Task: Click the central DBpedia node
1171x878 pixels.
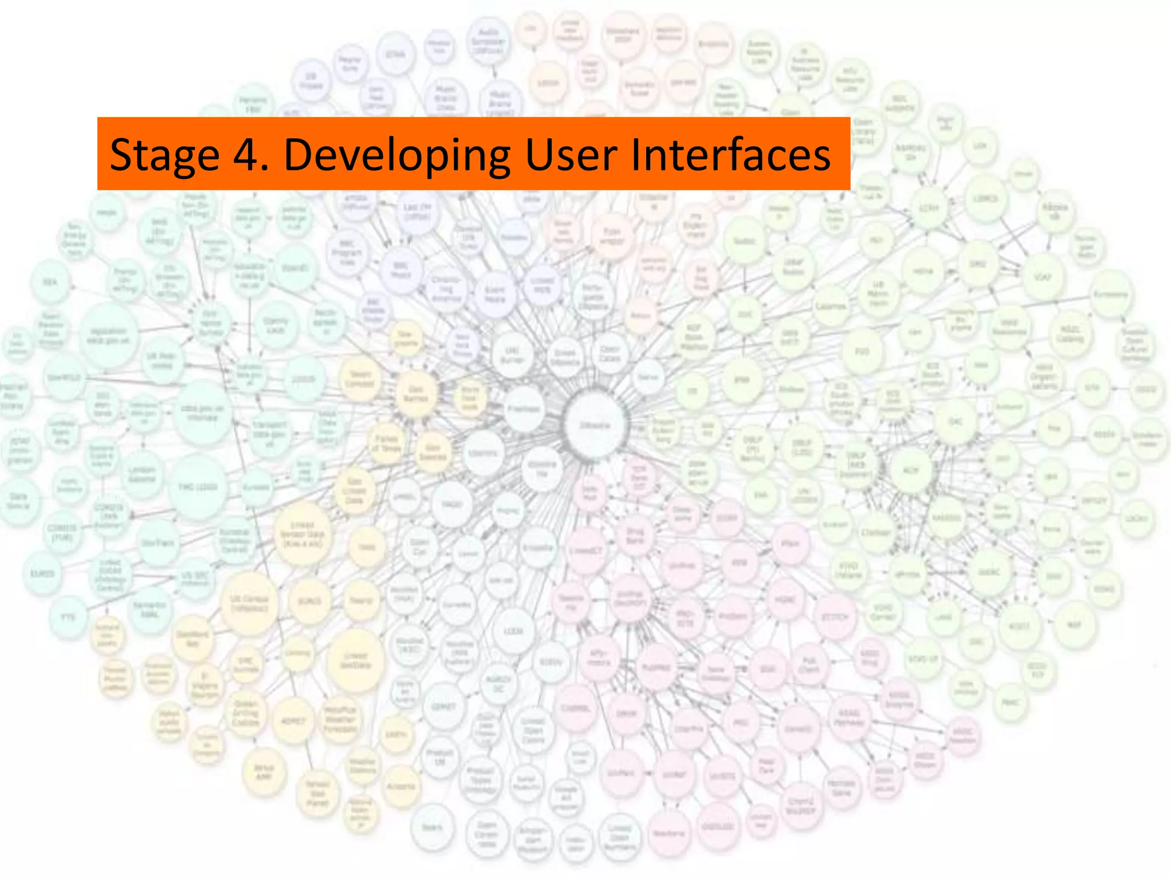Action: point(595,425)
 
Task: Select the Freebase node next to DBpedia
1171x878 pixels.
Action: point(523,408)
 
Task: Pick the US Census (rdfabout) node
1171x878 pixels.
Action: point(249,604)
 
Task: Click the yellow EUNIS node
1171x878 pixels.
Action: point(309,601)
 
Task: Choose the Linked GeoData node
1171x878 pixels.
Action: point(355,660)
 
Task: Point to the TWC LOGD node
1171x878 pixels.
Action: point(198,487)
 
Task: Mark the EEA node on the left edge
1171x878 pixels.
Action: point(50,282)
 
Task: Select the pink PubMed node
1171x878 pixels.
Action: point(656,667)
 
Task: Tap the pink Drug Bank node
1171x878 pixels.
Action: point(635,536)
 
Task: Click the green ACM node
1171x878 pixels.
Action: point(910,470)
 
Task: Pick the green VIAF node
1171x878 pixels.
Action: point(1043,277)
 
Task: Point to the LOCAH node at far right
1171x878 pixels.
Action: point(1136,518)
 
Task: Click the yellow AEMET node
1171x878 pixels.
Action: point(293,721)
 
